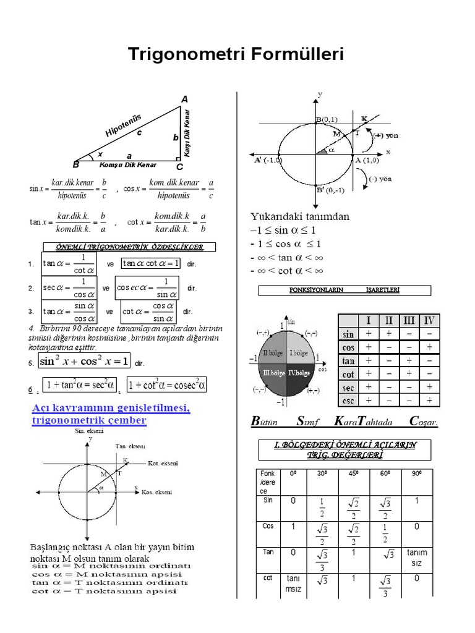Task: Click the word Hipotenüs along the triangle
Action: point(124,125)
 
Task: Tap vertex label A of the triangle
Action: point(184,99)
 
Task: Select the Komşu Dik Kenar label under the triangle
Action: point(128,165)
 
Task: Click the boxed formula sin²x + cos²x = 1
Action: point(84,361)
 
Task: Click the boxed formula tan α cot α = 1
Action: point(151,263)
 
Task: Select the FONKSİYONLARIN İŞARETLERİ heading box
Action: point(344,290)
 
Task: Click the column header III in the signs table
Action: point(409,320)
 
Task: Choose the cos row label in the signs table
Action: point(349,347)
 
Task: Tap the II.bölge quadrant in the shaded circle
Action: point(273,353)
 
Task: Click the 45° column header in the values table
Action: point(353,474)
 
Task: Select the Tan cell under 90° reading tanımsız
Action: point(416,558)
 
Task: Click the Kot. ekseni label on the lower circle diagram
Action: point(163,463)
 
